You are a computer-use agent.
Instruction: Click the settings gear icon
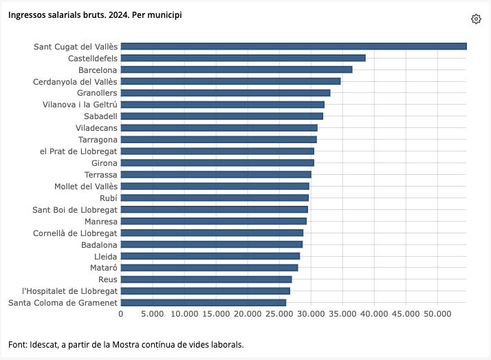coord(476,19)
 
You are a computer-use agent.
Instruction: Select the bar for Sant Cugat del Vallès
coord(294,46)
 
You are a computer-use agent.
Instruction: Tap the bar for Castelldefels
coord(243,58)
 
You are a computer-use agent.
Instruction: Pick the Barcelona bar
coord(237,70)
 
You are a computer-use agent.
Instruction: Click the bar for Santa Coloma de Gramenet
coord(204,302)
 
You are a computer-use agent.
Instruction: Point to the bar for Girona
coord(217,162)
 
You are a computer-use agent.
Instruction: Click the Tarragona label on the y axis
coord(98,139)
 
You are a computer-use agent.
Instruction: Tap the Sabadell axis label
coord(100,116)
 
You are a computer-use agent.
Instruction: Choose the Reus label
coord(108,279)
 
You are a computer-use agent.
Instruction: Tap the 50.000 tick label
coord(437,314)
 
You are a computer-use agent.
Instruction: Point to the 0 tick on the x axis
coord(121,314)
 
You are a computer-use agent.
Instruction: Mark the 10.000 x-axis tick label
coord(184,314)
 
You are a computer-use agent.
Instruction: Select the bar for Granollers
coord(226,93)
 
